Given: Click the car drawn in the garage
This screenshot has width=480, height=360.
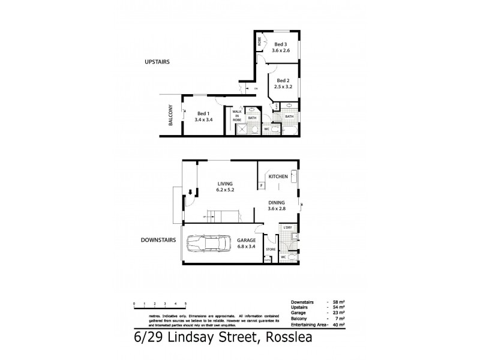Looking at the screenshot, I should (x=212, y=245).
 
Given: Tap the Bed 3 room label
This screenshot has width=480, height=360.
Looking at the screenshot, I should (x=281, y=44).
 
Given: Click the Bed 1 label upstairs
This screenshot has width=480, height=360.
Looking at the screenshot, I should (x=203, y=113).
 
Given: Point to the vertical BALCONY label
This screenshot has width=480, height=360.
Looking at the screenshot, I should (x=170, y=115).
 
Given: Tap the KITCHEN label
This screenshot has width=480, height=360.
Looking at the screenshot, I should (x=278, y=177).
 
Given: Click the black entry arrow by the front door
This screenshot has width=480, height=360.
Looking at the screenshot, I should (x=191, y=193).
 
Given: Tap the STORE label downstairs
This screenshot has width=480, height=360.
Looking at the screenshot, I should (x=271, y=248).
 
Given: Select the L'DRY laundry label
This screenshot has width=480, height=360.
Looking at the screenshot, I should (x=287, y=227).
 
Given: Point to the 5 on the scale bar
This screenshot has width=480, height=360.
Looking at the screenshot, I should (x=186, y=305).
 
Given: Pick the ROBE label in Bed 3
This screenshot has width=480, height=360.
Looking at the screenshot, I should (x=259, y=41).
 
